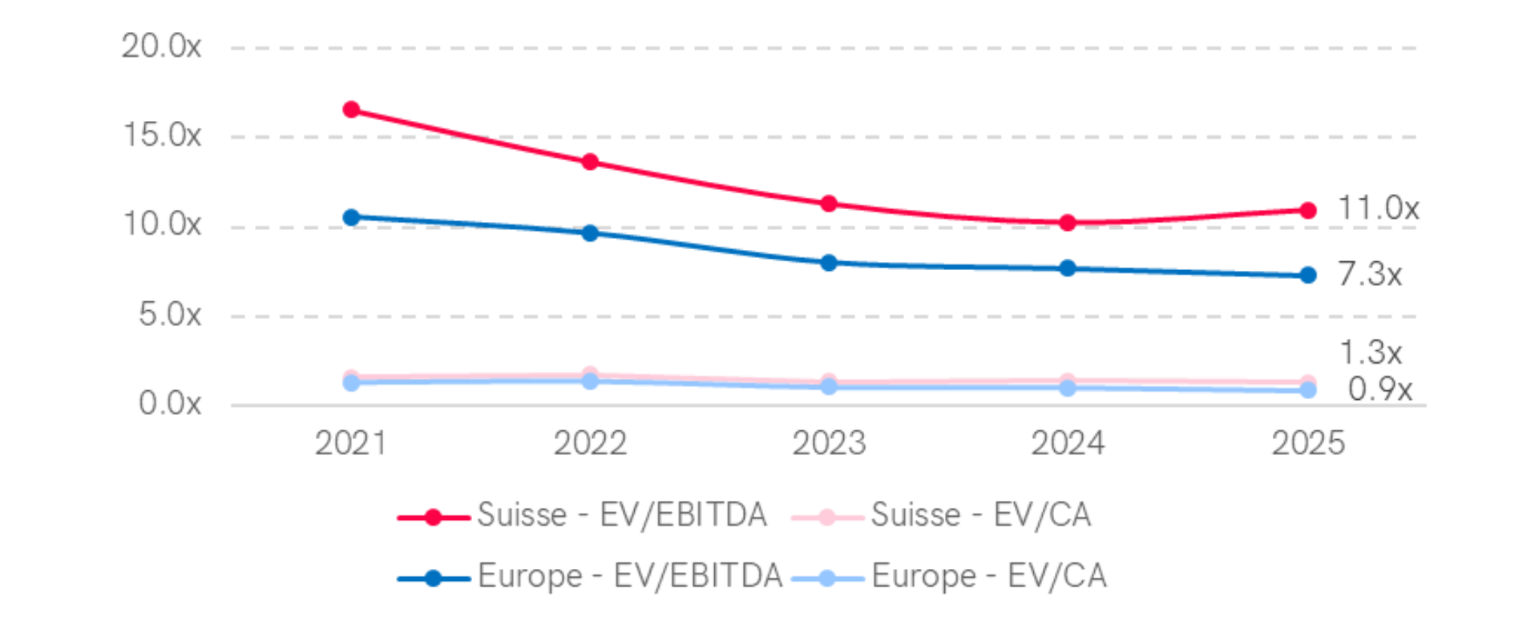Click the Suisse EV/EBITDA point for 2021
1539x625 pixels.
pyautogui.click(x=351, y=109)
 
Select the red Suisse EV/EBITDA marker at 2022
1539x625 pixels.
pyautogui.click(x=590, y=162)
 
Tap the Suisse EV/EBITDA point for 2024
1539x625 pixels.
pyautogui.click(x=1067, y=222)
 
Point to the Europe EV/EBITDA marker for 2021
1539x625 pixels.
pyautogui.click(x=351, y=217)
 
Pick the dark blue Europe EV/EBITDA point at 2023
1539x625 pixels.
pyautogui.click(x=829, y=263)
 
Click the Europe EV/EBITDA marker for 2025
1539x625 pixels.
pyautogui.click(x=1307, y=275)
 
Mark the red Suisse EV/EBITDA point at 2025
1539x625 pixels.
pyautogui.click(x=1307, y=210)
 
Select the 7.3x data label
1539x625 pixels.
pyautogui.click(x=1370, y=274)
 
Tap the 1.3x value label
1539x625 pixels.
pyautogui.click(x=1371, y=352)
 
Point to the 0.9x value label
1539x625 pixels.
pyautogui.click(x=1379, y=389)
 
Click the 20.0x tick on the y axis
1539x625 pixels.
pyautogui.click(x=161, y=46)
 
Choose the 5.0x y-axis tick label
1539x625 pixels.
pyautogui.click(x=169, y=314)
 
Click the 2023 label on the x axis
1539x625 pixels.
pyautogui.click(x=829, y=443)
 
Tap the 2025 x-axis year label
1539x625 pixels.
pyautogui.click(x=1307, y=443)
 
